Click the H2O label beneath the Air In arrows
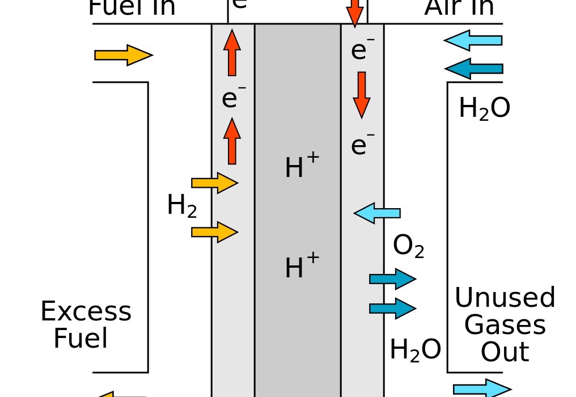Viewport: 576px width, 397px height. click(484, 108)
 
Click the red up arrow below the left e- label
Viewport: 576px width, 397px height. click(232, 141)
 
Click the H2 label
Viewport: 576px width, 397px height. click(182, 206)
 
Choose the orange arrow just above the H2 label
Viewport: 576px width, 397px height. click(214, 183)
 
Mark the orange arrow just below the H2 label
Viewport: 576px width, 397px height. click(214, 231)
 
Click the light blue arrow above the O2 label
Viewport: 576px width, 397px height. click(377, 213)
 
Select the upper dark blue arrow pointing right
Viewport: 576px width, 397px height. click(392, 278)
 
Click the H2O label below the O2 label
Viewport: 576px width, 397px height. click(415, 350)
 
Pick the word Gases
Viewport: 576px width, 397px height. click(505, 325)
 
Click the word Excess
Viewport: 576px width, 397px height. click(86, 311)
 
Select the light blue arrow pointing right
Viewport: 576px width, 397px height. click(482, 389)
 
